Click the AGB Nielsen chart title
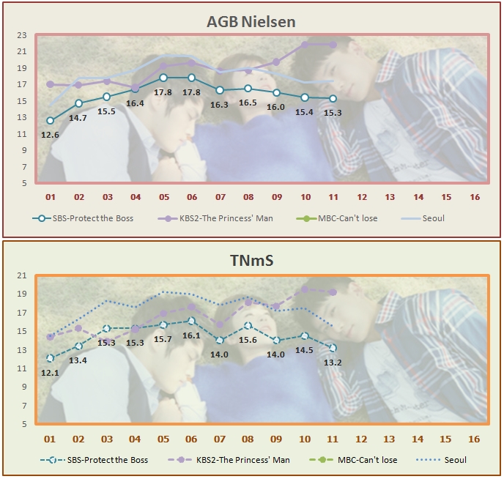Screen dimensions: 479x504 pyautogui.click(x=251, y=22)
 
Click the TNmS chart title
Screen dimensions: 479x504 pyautogui.click(x=251, y=261)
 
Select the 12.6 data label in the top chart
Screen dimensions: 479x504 pyautogui.click(x=50, y=134)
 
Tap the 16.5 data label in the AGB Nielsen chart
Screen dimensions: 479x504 pyautogui.click(x=248, y=103)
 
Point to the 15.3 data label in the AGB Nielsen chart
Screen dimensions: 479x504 pyautogui.click(x=333, y=112)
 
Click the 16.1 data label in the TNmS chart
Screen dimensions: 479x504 pyautogui.click(x=192, y=335)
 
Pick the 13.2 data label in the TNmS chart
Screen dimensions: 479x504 pyautogui.click(x=333, y=362)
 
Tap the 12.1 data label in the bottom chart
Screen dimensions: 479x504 pyautogui.click(x=50, y=372)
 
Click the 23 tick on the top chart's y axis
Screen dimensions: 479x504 pyautogui.click(x=21, y=35)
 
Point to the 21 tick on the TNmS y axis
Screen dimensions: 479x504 pyautogui.click(x=21, y=276)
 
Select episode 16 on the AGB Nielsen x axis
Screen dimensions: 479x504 pyautogui.click(x=474, y=198)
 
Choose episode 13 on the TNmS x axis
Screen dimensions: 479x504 pyautogui.click(x=389, y=439)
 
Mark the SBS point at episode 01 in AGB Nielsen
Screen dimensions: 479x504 pyautogui.click(x=50, y=121)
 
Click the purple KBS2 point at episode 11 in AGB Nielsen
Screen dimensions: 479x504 pyautogui.click(x=333, y=45)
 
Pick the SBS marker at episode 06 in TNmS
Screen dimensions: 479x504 pyautogui.click(x=192, y=320)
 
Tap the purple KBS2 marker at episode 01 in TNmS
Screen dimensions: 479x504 pyautogui.click(x=50, y=337)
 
